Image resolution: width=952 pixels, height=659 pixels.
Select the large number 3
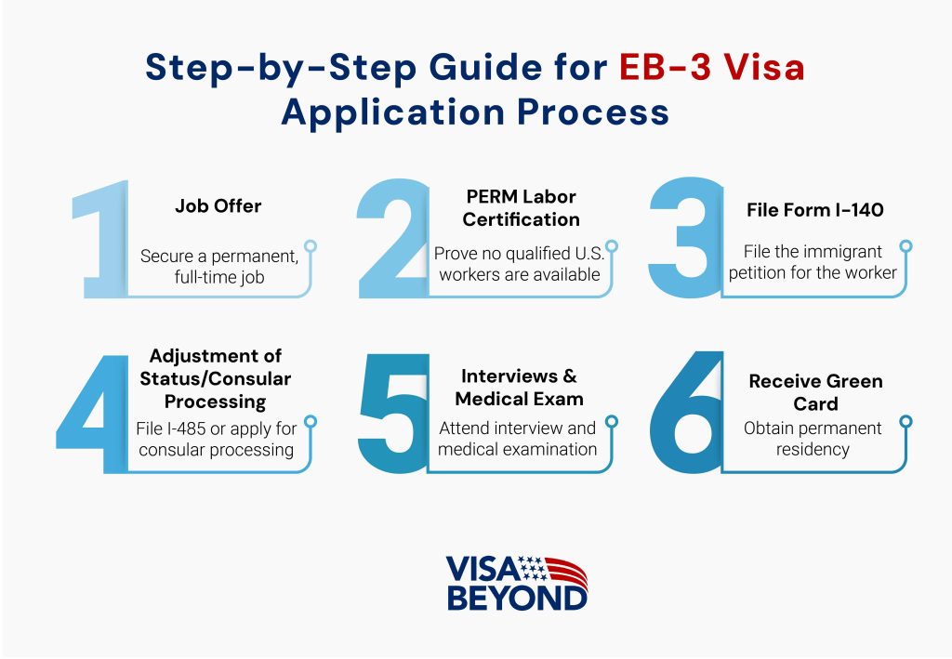683,237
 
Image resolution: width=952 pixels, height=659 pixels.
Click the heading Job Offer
218,206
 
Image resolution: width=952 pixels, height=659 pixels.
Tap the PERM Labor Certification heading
521,208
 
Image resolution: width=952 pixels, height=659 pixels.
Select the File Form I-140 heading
814,210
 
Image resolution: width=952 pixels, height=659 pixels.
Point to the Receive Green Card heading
815,392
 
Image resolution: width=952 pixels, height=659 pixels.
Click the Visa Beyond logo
517,583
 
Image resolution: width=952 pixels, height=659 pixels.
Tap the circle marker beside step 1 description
311,246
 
